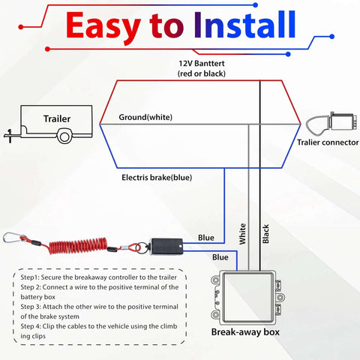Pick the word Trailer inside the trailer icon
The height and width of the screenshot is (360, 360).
point(57,118)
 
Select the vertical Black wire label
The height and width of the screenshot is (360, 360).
point(265,236)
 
